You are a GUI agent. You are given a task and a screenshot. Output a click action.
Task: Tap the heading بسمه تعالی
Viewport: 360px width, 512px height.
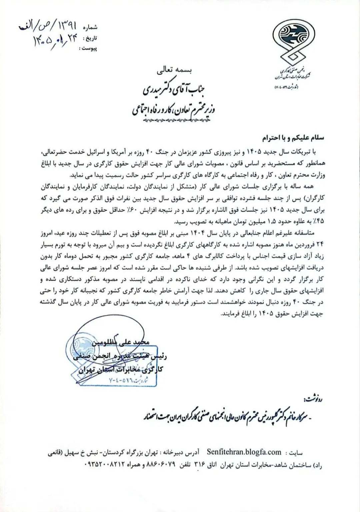[x=175, y=71]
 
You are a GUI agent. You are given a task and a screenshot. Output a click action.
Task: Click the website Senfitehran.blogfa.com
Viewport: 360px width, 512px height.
[x=244, y=452]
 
